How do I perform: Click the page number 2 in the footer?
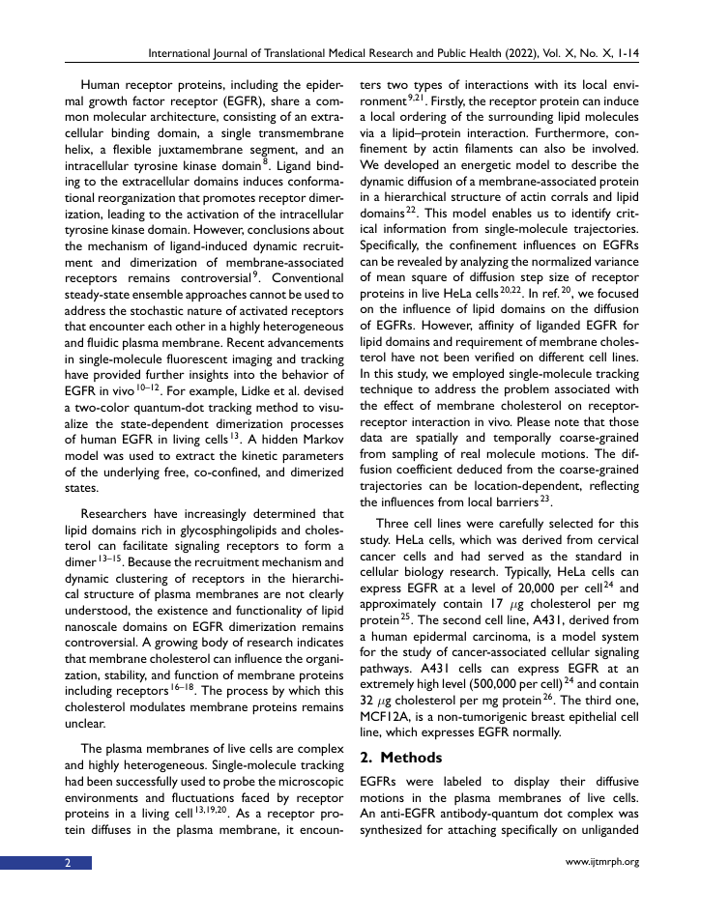68,863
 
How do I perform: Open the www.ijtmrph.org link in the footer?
600,863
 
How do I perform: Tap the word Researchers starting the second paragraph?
119,514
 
